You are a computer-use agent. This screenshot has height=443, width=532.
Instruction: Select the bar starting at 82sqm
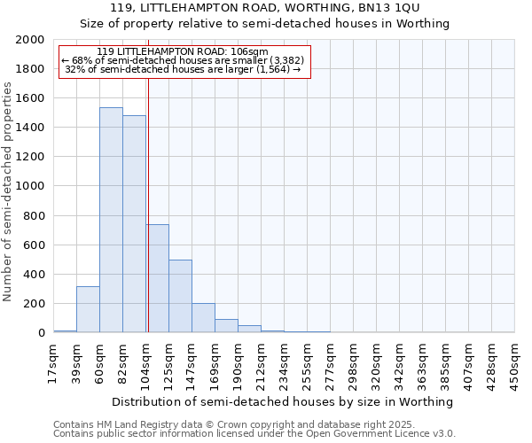[x=134, y=224]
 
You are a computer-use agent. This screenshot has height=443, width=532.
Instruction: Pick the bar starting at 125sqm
[x=180, y=296]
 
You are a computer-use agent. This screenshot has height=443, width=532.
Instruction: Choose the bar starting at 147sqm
[x=203, y=318]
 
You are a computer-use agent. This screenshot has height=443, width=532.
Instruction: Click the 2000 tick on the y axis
[x=30, y=40]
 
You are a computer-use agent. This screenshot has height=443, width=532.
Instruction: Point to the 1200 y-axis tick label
[x=30, y=157]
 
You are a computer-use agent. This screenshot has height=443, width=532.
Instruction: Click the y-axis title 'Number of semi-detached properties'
[x=9, y=191]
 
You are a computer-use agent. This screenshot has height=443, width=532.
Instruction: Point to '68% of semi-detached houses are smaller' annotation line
[x=183, y=60]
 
